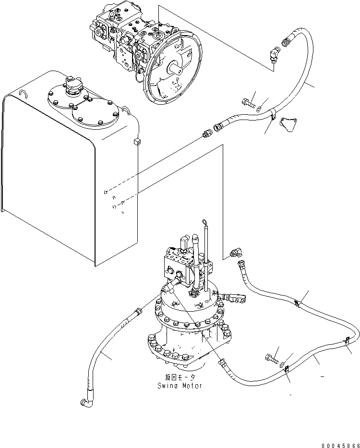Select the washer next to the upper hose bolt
point(259,109)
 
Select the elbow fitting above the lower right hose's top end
point(236,252)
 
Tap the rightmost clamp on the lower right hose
point(345,342)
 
